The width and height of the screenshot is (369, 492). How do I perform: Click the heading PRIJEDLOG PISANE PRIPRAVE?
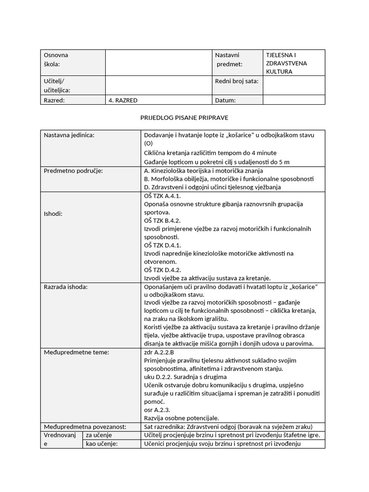click(x=184, y=117)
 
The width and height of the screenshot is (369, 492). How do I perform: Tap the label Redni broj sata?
click(x=237, y=81)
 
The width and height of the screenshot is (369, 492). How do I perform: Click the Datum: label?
click(x=225, y=100)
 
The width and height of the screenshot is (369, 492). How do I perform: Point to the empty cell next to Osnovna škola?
click(x=159, y=62)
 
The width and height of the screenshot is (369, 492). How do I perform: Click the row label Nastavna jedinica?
click(x=69, y=135)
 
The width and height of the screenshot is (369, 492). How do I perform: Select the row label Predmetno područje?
click(x=73, y=171)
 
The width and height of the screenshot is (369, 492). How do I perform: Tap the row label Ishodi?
click(x=53, y=213)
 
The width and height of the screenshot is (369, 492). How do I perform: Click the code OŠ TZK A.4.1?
click(x=162, y=196)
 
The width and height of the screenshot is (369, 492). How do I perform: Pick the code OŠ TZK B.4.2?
click(x=162, y=221)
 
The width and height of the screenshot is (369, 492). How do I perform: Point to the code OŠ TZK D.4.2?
click(x=162, y=270)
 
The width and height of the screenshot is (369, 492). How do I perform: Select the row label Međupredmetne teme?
click(x=76, y=352)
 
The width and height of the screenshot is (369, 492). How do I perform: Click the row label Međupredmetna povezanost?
click(x=85, y=427)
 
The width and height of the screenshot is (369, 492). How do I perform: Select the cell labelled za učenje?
click(x=98, y=435)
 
